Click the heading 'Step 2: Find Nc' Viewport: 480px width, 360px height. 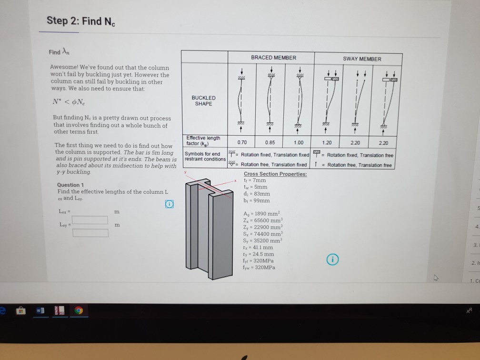[81, 21]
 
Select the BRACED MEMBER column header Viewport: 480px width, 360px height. [273, 58]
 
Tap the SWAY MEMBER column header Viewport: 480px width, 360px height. [362, 59]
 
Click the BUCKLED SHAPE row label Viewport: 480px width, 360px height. [203, 101]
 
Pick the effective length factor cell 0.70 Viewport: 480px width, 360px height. [241, 142]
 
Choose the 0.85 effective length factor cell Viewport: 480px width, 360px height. [270, 142]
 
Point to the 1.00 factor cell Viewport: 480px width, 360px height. [298, 142]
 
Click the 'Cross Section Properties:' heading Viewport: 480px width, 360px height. [275, 174]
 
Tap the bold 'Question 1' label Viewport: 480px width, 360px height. [70, 185]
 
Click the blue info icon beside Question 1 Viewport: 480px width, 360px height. [169, 204]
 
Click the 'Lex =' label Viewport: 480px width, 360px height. [64, 211]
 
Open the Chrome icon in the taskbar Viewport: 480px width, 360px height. [78, 310]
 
